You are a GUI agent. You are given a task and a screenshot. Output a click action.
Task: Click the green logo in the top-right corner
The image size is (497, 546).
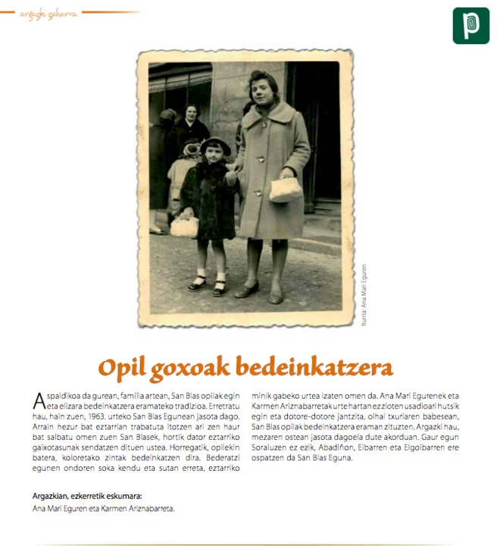(470, 26)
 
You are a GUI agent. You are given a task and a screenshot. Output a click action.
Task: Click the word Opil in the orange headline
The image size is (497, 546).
(123, 368)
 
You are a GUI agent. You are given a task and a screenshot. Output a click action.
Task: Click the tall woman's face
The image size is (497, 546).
(263, 86)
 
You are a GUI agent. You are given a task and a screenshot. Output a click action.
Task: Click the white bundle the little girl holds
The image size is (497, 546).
(184, 226)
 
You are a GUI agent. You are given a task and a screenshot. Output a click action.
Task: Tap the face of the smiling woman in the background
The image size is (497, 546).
(191, 114)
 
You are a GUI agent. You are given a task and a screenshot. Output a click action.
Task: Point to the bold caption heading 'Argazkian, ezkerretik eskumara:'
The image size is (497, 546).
(87, 497)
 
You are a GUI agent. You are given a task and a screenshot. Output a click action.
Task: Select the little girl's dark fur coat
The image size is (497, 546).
(206, 197)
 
